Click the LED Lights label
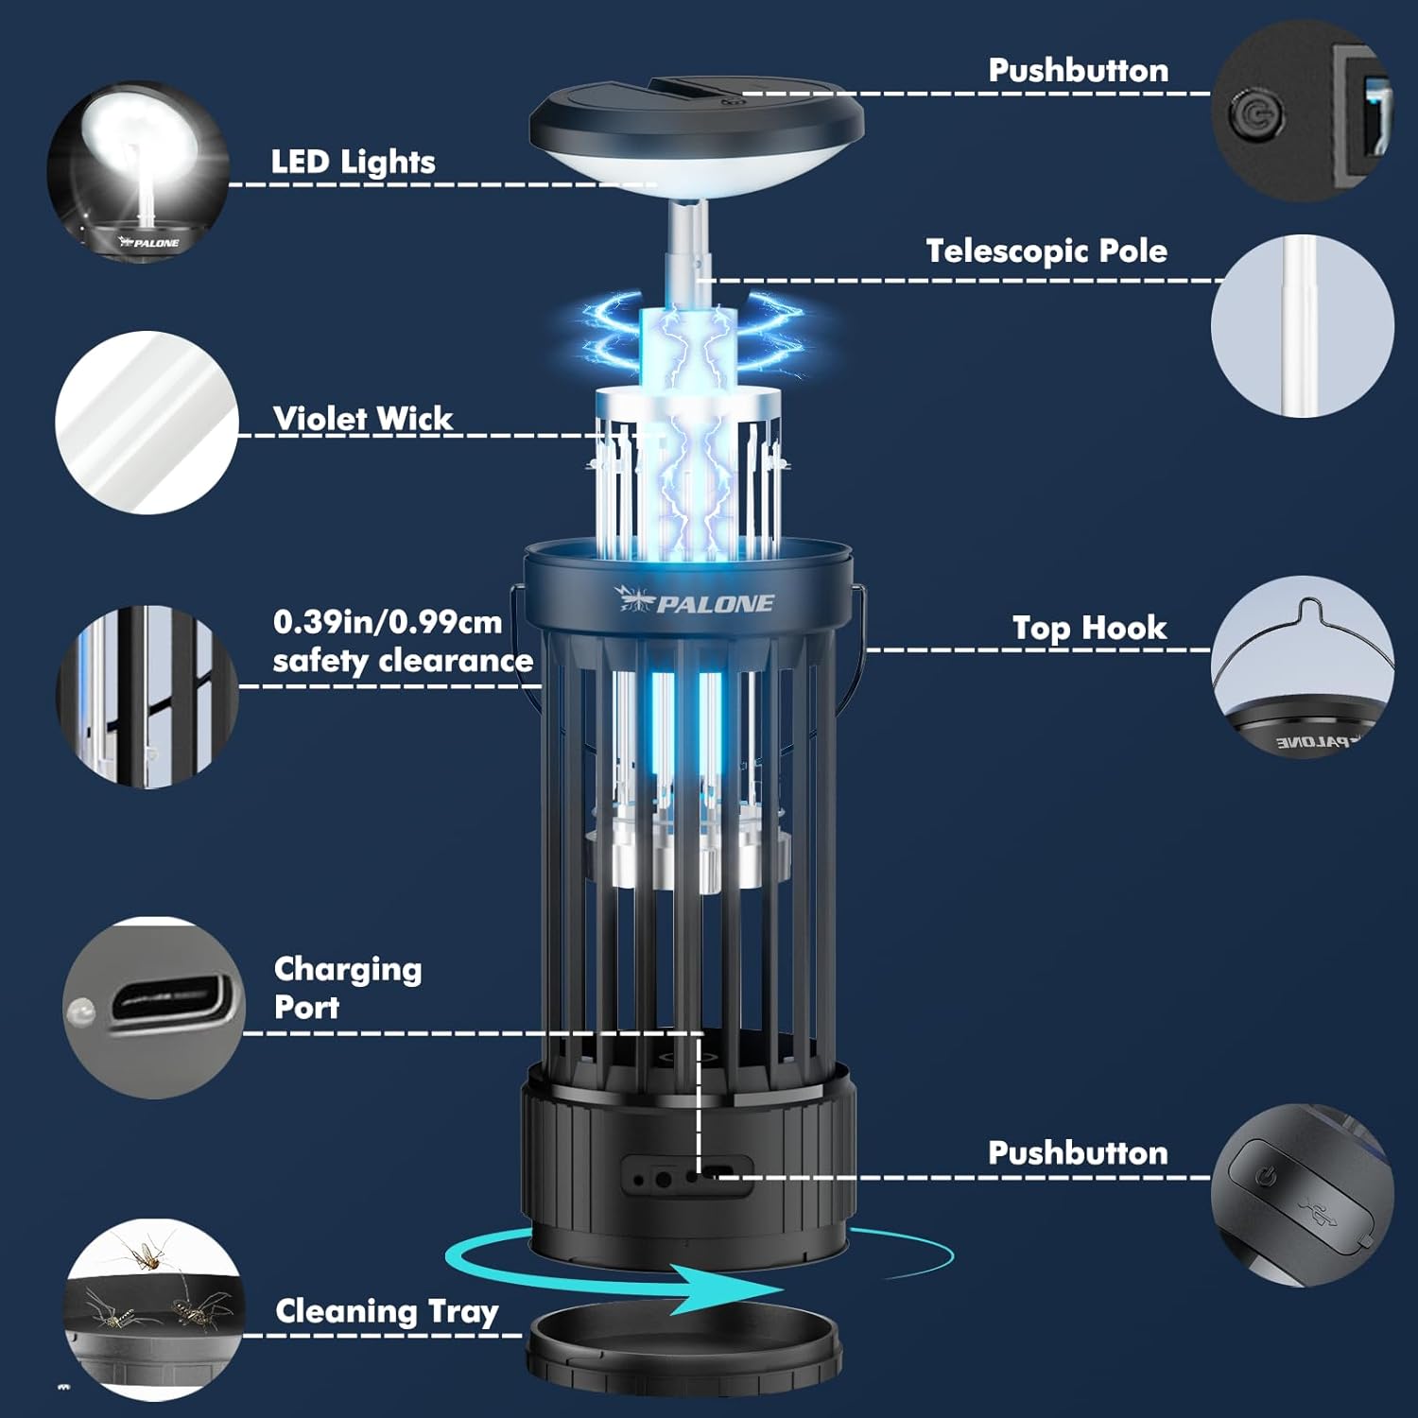(x=353, y=163)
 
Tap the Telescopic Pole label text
(x=1046, y=251)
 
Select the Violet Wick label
(x=362, y=419)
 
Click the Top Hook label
(x=1089, y=628)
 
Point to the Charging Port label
(x=347, y=988)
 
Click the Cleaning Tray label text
(x=387, y=1311)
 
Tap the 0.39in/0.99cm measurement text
(x=388, y=622)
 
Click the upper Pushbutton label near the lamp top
(x=1078, y=71)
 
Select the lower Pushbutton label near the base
(x=1078, y=1153)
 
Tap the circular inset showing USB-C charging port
(x=153, y=1008)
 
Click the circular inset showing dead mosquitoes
(x=153, y=1309)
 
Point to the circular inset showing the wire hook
(x=1303, y=667)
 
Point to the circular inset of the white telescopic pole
(x=1303, y=326)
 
